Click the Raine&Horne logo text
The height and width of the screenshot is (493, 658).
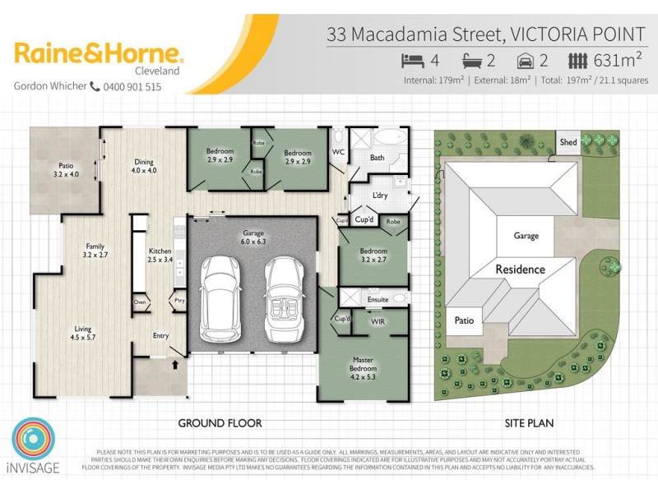click(x=99, y=55)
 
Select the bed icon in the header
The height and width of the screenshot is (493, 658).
click(x=411, y=60)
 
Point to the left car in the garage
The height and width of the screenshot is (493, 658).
click(x=220, y=297)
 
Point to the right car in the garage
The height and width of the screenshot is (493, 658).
click(x=285, y=297)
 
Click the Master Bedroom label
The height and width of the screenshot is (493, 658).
click(x=363, y=364)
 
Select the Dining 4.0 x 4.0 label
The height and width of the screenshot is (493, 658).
click(x=144, y=166)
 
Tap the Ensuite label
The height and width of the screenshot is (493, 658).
click(x=378, y=300)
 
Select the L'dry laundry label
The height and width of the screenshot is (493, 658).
click(x=379, y=196)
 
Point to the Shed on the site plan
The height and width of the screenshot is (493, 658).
click(x=568, y=142)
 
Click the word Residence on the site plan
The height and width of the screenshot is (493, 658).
click(x=520, y=269)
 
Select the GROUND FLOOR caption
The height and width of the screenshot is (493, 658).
click(x=220, y=423)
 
